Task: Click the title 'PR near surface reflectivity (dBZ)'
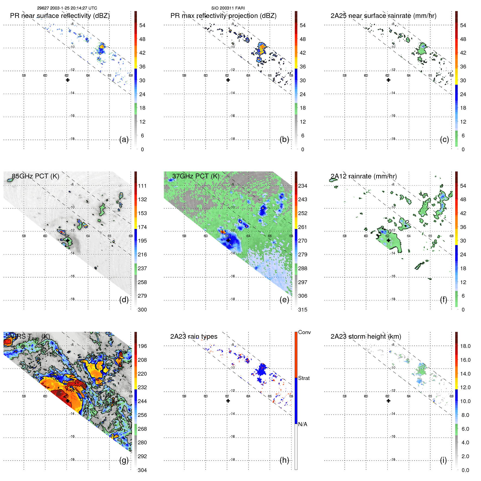(x=60, y=16)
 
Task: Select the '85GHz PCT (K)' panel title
(x=35, y=176)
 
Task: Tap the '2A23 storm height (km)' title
(x=366, y=337)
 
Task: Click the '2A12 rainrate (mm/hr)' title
(x=363, y=176)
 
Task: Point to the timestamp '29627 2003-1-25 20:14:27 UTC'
(x=67, y=8)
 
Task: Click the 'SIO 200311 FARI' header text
(x=228, y=8)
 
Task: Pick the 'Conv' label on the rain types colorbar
(x=304, y=332)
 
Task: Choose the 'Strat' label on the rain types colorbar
(x=304, y=378)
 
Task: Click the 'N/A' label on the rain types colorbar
(x=303, y=424)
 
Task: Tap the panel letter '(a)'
(x=124, y=140)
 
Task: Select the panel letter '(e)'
(x=284, y=300)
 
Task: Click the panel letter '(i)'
(x=443, y=460)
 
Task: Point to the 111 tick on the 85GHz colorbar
(x=142, y=186)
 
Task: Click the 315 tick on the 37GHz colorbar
(x=303, y=310)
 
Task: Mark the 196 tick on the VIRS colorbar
(x=142, y=346)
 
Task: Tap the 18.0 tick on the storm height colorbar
(x=465, y=346)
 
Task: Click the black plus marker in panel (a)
(x=68, y=80)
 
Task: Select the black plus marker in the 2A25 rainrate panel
(x=388, y=80)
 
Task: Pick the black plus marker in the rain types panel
(x=228, y=401)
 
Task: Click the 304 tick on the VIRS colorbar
(x=142, y=470)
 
